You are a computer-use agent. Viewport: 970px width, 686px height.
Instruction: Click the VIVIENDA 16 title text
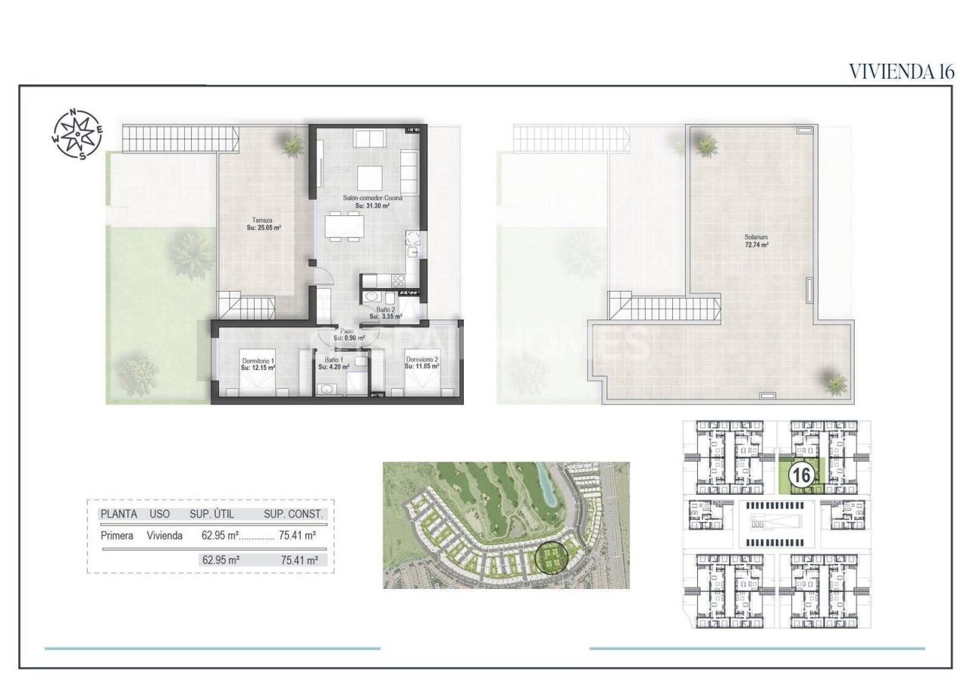[x=900, y=72]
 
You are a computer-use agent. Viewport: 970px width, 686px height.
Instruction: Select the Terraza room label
[x=262, y=221]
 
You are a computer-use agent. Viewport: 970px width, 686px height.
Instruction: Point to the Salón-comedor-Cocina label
[x=371, y=198]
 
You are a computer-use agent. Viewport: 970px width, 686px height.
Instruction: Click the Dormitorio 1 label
[x=257, y=361]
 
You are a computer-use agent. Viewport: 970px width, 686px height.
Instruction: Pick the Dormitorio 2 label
[x=422, y=360]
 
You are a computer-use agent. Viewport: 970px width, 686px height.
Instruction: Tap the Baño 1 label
[x=334, y=360]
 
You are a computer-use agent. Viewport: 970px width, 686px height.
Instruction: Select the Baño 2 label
[x=384, y=310]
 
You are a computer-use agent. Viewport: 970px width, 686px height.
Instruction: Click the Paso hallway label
[x=346, y=330]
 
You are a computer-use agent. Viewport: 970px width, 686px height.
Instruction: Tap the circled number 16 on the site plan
[x=802, y=475]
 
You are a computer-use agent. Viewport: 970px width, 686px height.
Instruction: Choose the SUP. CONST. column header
[x=293, y=514]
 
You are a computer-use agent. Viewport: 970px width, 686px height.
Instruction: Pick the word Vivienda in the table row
[x=164, y=535]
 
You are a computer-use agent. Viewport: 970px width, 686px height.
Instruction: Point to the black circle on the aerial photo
[x=555, y=559]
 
